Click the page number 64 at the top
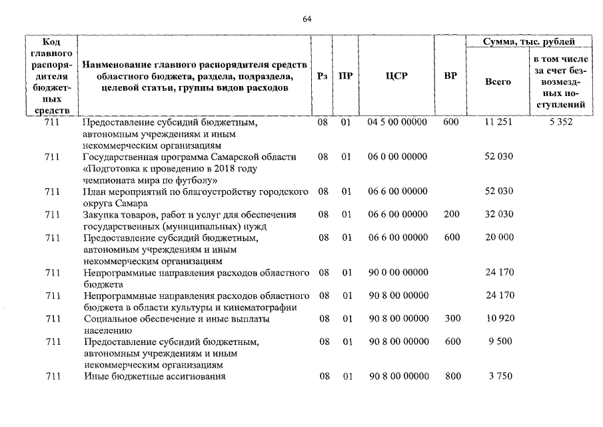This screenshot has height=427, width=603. (307, 19)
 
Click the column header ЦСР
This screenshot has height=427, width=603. (396, 75)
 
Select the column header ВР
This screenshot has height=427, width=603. (450, 75)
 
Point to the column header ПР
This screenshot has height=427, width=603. (345, 75)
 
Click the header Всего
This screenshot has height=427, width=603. (498, 81)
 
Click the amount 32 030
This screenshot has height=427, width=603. (499, 215)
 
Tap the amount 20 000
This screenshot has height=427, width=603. (499, 238)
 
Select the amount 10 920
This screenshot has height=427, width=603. (499, 319)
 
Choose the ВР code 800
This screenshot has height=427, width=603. (452, 377)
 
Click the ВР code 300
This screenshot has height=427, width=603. (452, 319)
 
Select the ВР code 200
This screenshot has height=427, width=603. (452, 215)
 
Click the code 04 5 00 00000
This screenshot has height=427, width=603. (398, 123)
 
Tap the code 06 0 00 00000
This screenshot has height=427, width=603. (398, 157)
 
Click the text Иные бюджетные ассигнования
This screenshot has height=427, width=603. (155, 377)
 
